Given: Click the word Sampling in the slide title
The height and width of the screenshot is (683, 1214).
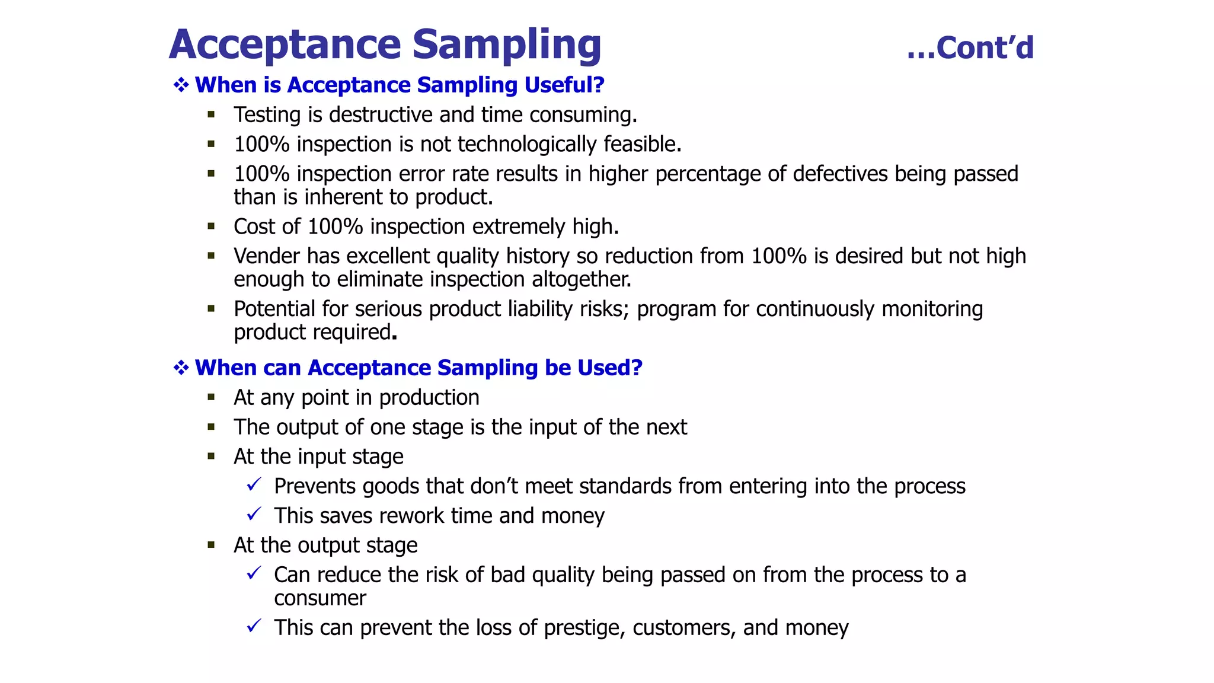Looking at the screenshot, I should point(507,45).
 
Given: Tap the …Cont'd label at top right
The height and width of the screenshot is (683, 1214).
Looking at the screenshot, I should point(970,48).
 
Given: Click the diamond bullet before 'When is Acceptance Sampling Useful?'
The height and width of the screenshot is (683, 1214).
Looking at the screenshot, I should point(181,85).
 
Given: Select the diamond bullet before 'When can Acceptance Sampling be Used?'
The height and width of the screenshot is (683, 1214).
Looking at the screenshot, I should point(181,368).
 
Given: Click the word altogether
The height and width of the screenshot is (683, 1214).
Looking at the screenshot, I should point(581,279).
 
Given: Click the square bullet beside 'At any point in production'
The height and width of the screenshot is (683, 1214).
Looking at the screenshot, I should point(211,397).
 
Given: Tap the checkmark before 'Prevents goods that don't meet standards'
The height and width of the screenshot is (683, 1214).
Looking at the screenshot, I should point(254,485).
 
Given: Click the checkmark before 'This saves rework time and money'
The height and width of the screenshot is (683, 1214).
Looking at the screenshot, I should point(254,514).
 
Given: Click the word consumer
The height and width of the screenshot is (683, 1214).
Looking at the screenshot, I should point(320,598).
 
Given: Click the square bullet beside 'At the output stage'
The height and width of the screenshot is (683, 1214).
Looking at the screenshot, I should point(211,545).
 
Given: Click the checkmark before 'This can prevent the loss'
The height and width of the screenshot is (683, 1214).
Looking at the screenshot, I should point(254,626).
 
